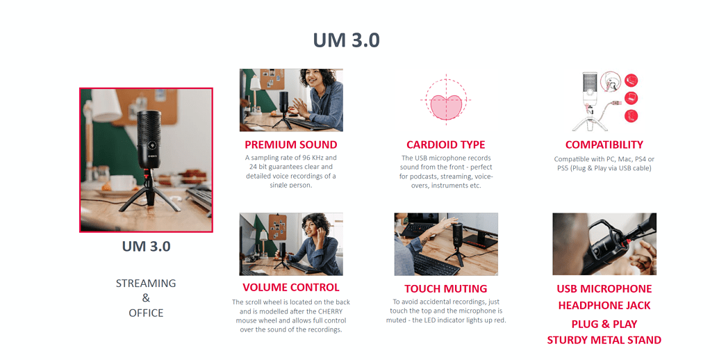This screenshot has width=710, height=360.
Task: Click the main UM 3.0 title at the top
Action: (x=347, y=40)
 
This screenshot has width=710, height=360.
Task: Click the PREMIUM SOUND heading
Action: (x=290, y=145)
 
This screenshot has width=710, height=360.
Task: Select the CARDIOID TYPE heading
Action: (x=445, y=145)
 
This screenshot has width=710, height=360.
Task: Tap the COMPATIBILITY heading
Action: (x=604, y=145)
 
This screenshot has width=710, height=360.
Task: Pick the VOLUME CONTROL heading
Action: (x=290, y=287)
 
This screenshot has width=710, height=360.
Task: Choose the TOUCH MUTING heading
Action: (x=445, y=288)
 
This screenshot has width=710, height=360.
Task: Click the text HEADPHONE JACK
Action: (x=604, y=306)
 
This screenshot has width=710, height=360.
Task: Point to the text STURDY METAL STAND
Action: (x=604, y=340)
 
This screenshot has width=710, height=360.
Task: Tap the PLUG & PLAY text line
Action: (x=604, y=325)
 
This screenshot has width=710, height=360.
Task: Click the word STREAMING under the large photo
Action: (x=146, y=283)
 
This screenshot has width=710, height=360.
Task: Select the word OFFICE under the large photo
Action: (x=146, y=313)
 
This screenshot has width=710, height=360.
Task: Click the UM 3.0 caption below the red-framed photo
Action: (x=146, y=246)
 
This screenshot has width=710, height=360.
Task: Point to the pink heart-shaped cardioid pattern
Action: (x=446, y=107)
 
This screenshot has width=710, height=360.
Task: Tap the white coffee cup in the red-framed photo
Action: (x=122, y=183)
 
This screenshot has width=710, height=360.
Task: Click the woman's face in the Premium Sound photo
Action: (x=312, y=80)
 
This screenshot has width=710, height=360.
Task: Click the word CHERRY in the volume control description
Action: (x=331, y=311)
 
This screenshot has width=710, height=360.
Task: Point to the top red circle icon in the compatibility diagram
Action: (x=631, y=81)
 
